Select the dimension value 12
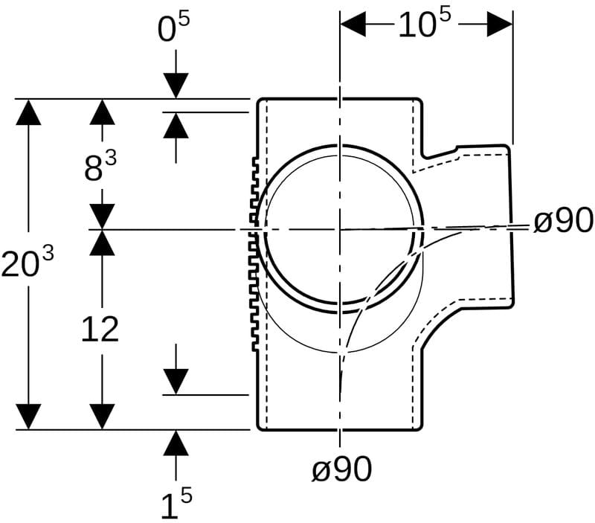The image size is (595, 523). coord(100,330)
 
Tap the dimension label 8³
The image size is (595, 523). coord(100,166)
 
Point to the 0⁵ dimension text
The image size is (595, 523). coord(173,28)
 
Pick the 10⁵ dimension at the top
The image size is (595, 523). coord(425,23)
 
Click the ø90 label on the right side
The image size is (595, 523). coord(563,220)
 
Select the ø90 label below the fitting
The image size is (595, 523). coord(341,469)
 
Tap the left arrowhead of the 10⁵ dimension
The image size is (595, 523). coord(353,24)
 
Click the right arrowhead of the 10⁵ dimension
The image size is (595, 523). coord(500,24)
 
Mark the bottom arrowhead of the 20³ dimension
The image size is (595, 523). coord(28,417)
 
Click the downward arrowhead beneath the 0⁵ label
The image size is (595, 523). coord(176,86)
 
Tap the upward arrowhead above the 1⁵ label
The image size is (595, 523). coord(176,443)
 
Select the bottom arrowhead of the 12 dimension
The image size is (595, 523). coord(102,417)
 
